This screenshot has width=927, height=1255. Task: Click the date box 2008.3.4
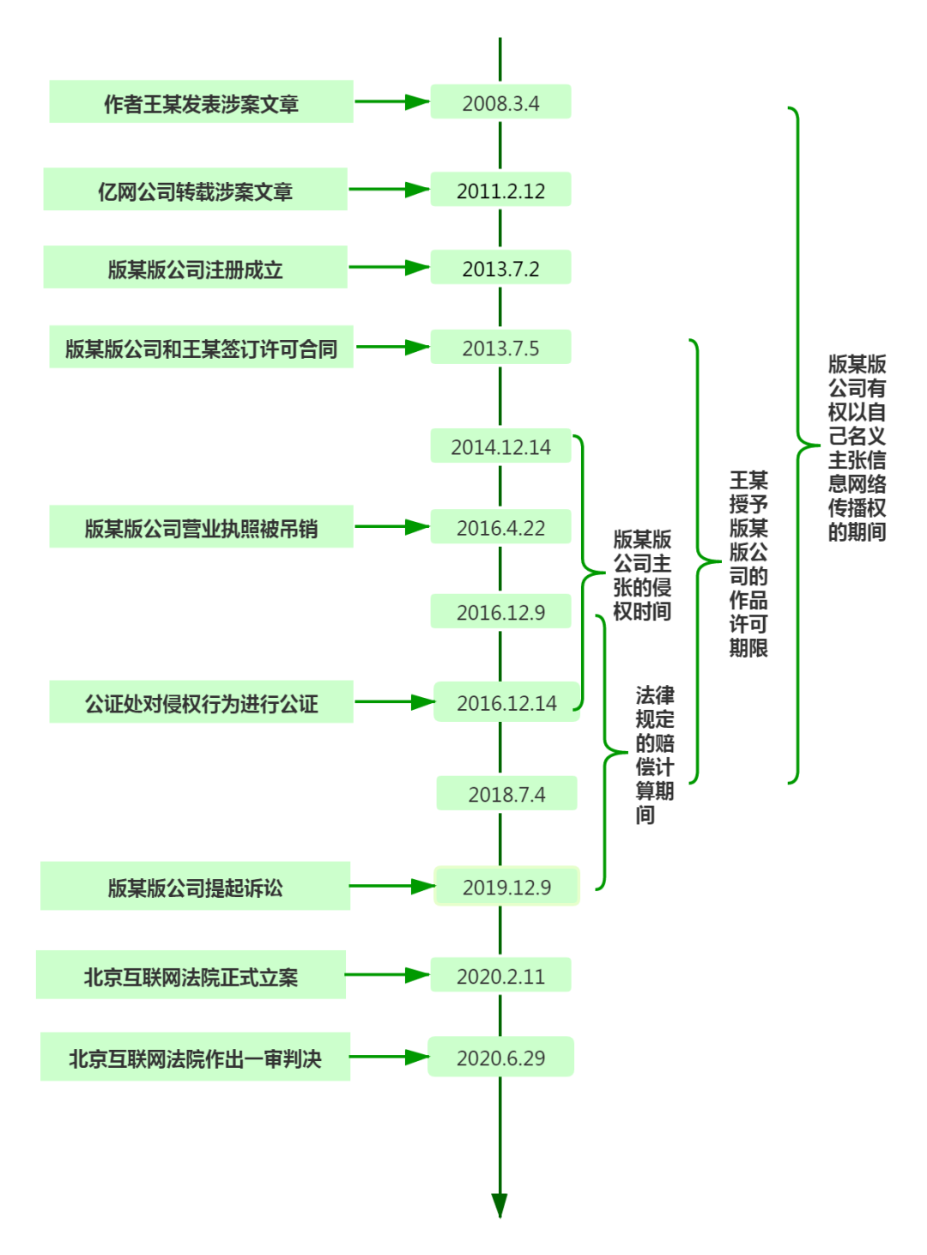pos(500,101)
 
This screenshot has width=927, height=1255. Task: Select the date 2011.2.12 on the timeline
pos(500,189)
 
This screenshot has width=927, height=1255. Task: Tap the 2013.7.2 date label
pos(500,267)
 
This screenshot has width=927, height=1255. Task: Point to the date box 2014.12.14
pos(500,446)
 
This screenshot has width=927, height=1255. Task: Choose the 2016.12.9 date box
pos(500,611)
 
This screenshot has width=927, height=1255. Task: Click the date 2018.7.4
pos(506,792)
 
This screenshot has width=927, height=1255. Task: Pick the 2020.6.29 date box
pos(500,1057)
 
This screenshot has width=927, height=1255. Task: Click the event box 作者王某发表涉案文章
pos(201,101)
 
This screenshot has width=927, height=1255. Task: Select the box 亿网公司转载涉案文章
pos(195,189)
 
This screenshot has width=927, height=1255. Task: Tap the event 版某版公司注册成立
pos(195,267)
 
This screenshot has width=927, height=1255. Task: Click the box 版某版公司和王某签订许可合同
pos(201,347)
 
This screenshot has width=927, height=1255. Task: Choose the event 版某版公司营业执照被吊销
pos(201,526)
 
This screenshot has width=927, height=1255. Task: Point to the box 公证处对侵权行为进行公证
pos(201,701)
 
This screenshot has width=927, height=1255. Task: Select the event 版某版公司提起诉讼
pos(195,886)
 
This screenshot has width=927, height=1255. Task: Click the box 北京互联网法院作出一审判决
pos(195,1057)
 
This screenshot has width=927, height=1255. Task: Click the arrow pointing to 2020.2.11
pos(388,974)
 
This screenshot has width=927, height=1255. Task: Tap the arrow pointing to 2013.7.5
pos(393,347)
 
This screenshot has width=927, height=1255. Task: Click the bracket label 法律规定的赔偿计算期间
pos(654,755)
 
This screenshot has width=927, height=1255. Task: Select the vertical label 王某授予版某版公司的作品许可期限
pos(748,564)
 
